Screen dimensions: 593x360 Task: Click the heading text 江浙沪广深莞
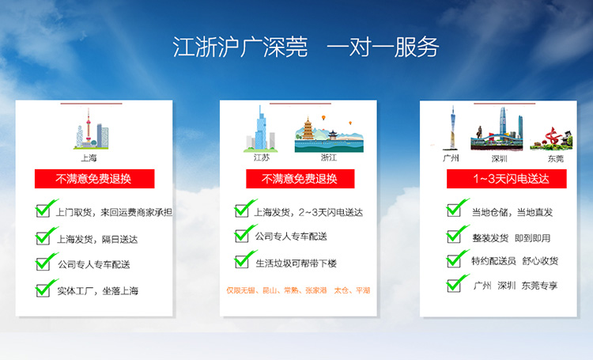(x=240, y=47)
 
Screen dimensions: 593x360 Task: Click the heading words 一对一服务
(x=383, y=47)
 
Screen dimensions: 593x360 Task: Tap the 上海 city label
(x=89, y=157)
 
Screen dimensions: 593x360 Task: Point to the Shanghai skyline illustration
(x=91, y=129)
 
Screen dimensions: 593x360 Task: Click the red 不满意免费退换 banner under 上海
(x=95, y=179)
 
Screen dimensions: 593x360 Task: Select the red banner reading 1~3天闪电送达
(x=506, y=179)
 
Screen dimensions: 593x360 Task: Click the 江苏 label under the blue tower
(x=262, y=157)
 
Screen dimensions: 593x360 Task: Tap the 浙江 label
(x=329, y=157)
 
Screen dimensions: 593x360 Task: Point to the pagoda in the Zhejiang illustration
(x=308, y=128)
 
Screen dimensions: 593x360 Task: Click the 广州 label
(x=451, y=158)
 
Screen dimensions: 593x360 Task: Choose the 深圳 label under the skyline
(x=499, y=158)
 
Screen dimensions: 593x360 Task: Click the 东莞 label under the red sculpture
(x=556, y=158)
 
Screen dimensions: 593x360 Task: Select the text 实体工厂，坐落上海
(x=97, y=290)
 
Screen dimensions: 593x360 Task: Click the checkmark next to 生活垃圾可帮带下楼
(x=245, y=259)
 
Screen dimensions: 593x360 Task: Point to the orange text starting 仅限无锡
(x=298, y=290)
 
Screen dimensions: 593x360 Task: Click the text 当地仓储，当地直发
(x=512, y=212)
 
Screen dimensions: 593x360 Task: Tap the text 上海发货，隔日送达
(x=97, y=239)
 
